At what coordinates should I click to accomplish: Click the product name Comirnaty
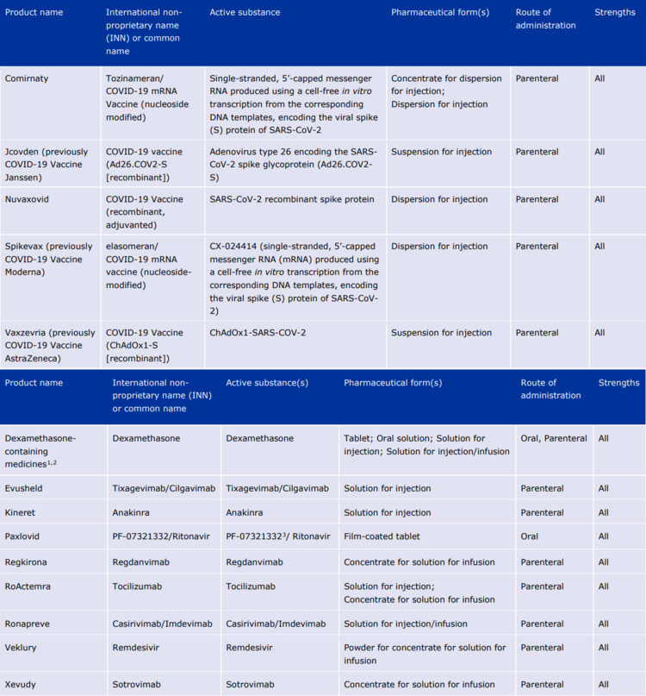click(27, 78)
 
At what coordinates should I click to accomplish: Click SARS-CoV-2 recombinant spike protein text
click(292, 199)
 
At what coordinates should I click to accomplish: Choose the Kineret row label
click(22, 512)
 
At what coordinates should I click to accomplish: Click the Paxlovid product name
click(23, 536)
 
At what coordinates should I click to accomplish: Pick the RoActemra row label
click(28, 586)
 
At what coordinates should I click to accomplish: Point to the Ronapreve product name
click(28, 624)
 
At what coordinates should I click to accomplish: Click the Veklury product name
click(22, 648)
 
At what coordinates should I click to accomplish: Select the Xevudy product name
click(22, 685)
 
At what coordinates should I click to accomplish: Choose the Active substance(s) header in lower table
click(266, 383)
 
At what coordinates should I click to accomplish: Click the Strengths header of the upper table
click(615, 13)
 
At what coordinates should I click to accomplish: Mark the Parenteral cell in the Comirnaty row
click(537, 78)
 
